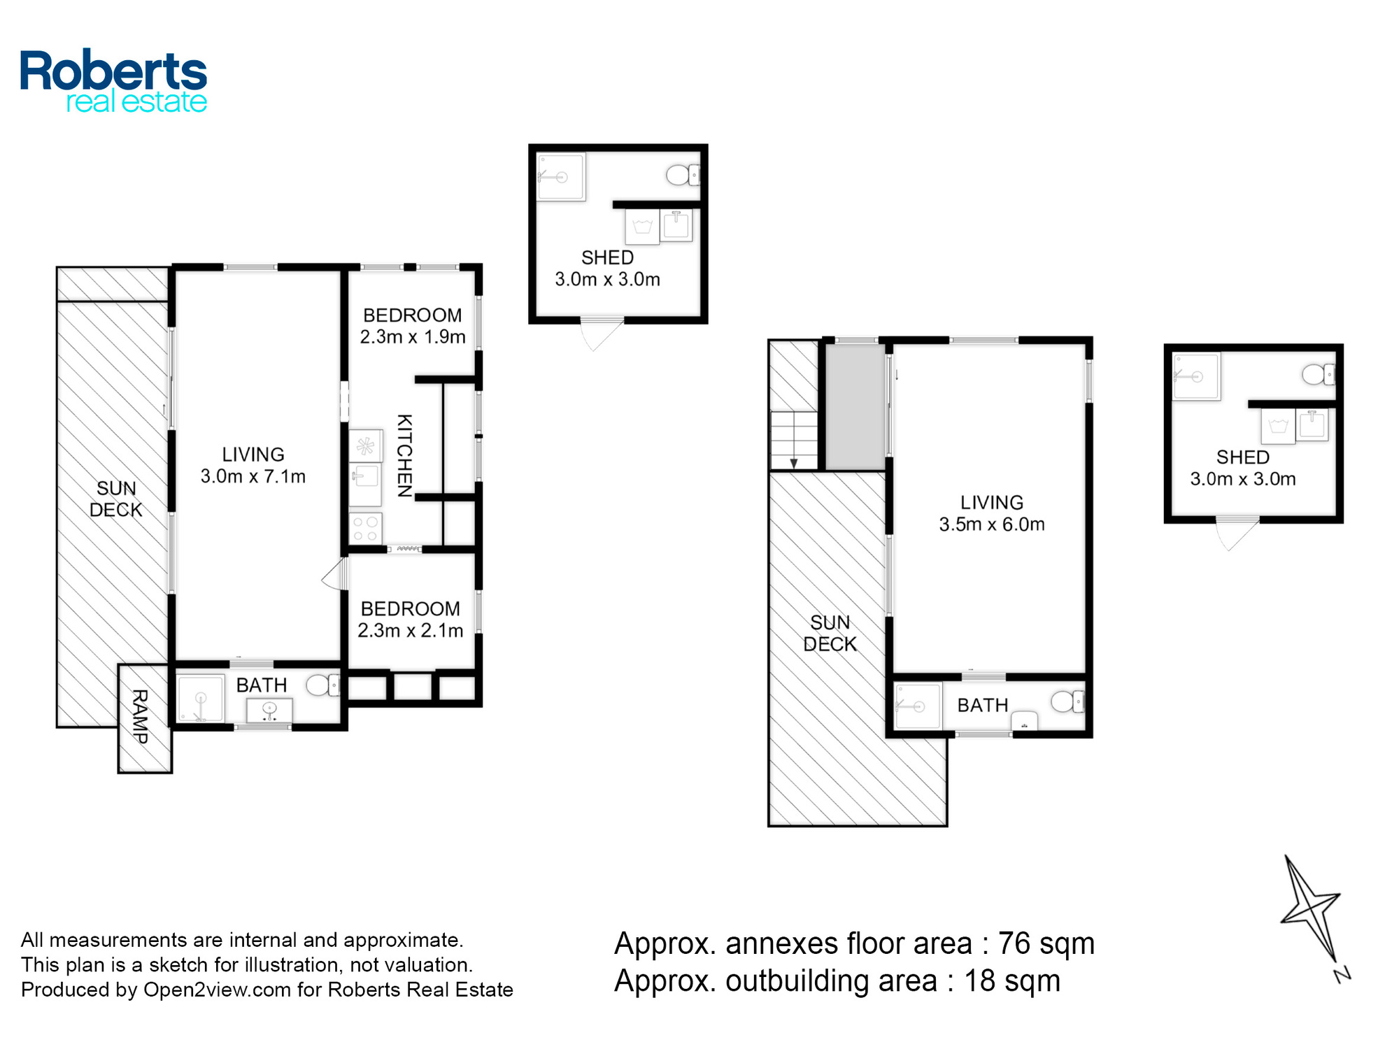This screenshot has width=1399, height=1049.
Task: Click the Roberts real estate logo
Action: tap(113, 81)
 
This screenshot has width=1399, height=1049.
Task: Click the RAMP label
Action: tap(140, 716)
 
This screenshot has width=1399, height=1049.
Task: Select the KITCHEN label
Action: tap(404, 455)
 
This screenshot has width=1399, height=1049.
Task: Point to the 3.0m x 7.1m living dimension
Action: tap(253, 476)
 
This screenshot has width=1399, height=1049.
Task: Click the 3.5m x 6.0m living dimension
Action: tap(992, 524)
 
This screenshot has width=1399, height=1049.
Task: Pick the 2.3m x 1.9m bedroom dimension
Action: tap(413, 337)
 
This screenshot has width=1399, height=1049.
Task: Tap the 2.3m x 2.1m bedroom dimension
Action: tap(411, 631)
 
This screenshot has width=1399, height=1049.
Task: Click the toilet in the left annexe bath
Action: tap(322, 685)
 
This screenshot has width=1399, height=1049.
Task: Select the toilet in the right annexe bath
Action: tap(1067, 701)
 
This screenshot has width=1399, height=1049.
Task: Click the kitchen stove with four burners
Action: tap(366, 529)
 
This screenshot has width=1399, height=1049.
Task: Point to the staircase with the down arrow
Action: tap(794, 441)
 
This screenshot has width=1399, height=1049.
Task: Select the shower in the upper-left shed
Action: tap(561, 178)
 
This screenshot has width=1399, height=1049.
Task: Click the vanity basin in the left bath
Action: tap(269, 711)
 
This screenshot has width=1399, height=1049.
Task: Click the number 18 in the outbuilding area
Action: tap(980, 981)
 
